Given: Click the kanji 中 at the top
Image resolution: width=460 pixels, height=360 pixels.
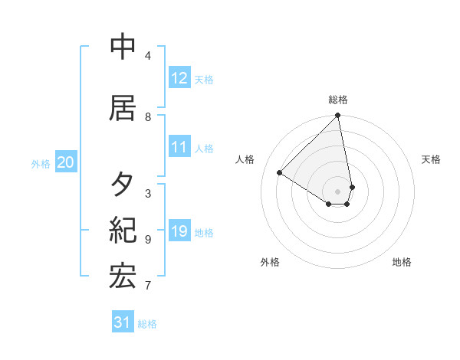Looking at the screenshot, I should point(123,47).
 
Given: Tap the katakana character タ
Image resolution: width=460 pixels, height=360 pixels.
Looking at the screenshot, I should point(123,184).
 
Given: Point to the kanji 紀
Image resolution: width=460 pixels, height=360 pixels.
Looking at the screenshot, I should point(123,230).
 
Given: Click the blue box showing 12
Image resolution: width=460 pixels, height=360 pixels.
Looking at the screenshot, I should point(179,78).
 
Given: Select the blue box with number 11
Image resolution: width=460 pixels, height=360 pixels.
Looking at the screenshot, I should point(179,147).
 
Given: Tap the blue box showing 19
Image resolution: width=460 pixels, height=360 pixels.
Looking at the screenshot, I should point(179,231).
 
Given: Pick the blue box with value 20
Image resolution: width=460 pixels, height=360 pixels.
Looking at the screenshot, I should point(66,162).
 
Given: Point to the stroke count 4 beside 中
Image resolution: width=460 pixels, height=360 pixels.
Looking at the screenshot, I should point(148,56).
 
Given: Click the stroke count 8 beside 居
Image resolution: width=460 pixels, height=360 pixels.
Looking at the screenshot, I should point(148,117).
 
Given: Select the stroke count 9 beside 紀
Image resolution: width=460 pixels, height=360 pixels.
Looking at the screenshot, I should point(148,240).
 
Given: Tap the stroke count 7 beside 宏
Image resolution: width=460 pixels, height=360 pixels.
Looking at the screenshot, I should point(148,286).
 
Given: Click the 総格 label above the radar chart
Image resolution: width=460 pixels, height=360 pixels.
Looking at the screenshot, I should point(338,100).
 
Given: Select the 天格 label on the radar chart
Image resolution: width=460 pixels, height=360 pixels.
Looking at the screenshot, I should point(432,159).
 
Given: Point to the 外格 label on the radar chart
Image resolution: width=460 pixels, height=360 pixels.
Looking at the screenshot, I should point(270,262).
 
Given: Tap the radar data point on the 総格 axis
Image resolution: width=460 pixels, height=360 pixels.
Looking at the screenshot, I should point(338,116).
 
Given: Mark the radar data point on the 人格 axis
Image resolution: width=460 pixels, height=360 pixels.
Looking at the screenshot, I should point(280,172).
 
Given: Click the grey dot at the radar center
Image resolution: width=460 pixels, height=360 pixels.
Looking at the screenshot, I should point(338,191).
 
